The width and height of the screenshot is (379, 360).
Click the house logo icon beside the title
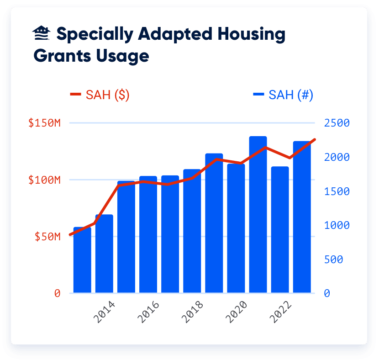(x=42, y=33)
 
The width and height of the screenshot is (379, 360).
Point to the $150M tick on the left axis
(x=45, y=123)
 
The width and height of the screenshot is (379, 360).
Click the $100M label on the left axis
(x=45, y=180)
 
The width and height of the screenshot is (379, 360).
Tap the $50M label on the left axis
(x=47, y=237)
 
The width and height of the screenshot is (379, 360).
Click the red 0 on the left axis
(x=58, y=293)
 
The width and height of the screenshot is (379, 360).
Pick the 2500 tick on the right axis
(x=337, y=123)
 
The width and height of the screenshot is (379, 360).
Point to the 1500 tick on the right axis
(x=337, y=191)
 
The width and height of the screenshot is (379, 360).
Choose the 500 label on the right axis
(x=334, y=259)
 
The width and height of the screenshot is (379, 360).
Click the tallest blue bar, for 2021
(x=258, y=215)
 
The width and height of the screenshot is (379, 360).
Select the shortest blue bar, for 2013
(x=82, y=260)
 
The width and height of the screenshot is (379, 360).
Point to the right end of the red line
(x=314, y=139)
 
